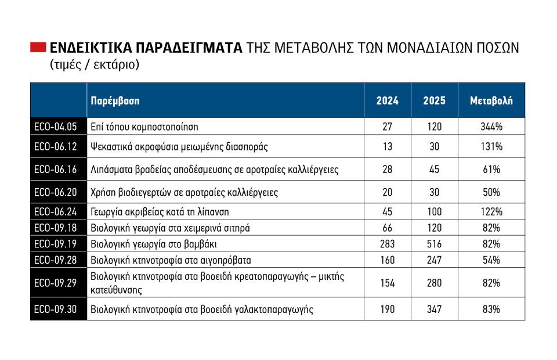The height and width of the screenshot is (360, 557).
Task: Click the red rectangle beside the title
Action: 38,47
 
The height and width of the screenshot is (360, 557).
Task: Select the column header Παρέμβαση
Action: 115,101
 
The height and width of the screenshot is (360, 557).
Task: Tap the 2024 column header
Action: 387,100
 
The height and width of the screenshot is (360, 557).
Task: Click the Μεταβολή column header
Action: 491,100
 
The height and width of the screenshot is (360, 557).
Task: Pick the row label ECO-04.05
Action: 56,127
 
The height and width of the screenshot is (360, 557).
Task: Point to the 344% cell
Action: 491,127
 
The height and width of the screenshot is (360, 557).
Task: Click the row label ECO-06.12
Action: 56,146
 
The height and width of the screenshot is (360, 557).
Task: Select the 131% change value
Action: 491,146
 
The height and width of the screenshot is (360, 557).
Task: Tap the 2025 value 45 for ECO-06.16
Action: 434,169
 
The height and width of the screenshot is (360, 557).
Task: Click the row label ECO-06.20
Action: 56,192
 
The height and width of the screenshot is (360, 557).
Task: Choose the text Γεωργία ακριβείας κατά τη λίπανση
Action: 160,212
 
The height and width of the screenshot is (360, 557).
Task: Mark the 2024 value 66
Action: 387,228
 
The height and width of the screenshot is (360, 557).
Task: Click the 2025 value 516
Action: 434,244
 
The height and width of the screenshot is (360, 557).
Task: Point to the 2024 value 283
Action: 387,244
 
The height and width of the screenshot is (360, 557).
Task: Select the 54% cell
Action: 491,260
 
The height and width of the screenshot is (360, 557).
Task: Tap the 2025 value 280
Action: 434,283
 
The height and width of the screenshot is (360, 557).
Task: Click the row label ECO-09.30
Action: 56,309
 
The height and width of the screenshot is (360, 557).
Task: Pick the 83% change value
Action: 491,309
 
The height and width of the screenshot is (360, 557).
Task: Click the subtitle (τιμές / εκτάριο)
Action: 95,64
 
